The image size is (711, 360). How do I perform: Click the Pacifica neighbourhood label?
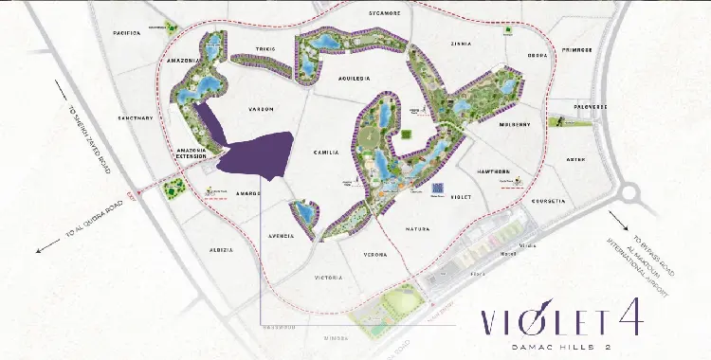[128, 33]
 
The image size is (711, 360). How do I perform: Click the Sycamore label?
[385, 14]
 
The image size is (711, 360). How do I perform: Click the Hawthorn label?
[496, 171]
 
